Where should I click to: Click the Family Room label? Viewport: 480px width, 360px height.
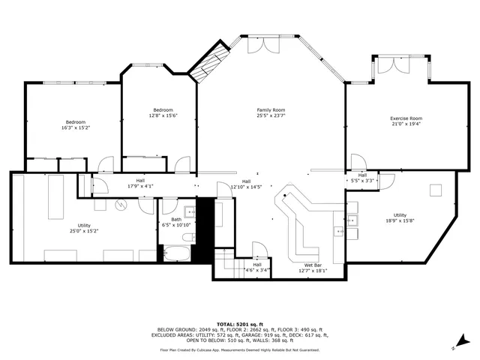(x=271, y=110)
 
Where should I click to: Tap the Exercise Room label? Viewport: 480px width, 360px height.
(x=406, y=118)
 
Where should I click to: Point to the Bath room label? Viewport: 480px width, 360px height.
(x=176, y=219)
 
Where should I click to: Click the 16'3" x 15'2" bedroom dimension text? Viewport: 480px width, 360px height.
(x=75, y=128)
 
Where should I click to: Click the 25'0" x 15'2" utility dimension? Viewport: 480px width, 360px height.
(x=84, y=232)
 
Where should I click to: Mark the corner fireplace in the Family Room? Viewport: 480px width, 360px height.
(x=206, y=64)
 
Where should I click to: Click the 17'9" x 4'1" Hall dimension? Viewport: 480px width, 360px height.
(x=140, y=185)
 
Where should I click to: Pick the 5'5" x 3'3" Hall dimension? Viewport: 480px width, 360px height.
(x=362, y=181)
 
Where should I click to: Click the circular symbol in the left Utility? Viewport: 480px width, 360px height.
(x=121, y=203)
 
